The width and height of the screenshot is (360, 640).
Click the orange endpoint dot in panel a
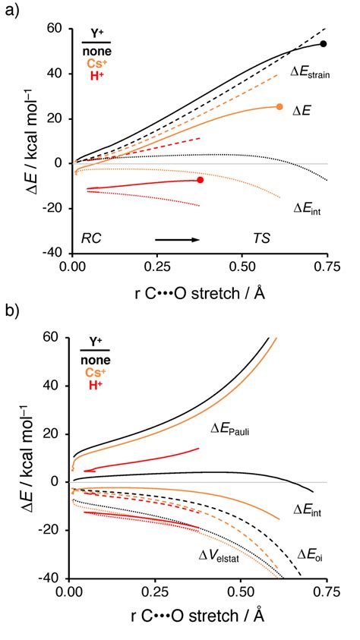coord(279,107)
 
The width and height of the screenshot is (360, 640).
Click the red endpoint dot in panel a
coord(201,180)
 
